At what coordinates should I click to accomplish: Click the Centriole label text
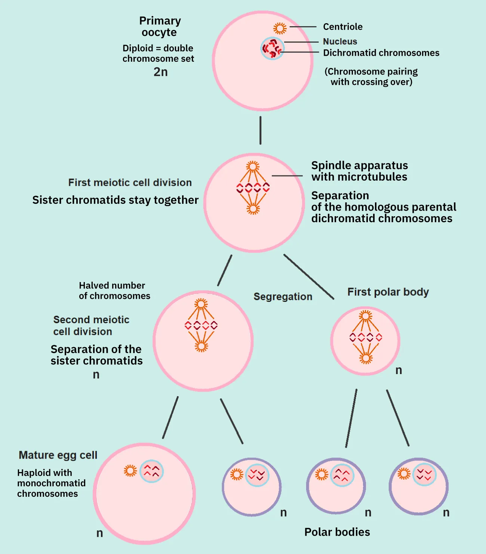342,27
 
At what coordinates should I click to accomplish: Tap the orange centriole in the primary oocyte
280,28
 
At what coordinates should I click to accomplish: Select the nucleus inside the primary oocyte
272,49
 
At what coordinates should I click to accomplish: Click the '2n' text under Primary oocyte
160,71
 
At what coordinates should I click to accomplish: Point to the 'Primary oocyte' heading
160,26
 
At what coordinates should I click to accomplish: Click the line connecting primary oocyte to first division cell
260,130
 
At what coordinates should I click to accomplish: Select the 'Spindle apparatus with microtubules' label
359,171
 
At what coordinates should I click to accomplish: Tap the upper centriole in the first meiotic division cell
253,166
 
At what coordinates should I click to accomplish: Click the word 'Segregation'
283,296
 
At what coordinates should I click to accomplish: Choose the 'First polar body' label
388,292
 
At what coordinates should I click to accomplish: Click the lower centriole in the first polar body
366,358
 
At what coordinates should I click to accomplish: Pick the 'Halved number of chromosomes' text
114,291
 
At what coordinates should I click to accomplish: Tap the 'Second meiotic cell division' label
91,325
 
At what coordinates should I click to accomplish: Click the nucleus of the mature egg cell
151,471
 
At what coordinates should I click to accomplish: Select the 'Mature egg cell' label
58,455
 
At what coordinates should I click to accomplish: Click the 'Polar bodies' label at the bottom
337,532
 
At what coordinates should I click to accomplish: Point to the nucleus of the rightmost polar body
424,474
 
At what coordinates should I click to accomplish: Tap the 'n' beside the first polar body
399,370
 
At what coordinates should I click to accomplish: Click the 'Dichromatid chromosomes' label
381,53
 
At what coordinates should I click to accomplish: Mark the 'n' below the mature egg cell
99,533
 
